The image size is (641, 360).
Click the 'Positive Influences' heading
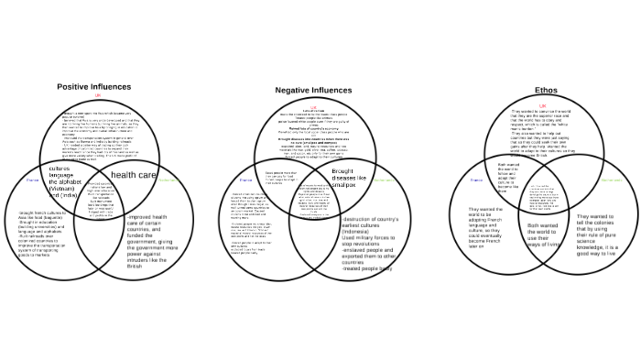tap(93, 87)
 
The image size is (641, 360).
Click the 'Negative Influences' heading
tap(312, 91)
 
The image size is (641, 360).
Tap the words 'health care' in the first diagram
tap(134, 174)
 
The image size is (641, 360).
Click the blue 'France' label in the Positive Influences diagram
tap(33, 180)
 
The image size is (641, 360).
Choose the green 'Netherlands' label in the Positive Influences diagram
tap(168, 180)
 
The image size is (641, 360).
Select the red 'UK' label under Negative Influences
tap(313, 106)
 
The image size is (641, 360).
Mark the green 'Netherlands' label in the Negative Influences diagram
tap(384, 180)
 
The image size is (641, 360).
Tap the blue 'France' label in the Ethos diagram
tap(477, 180)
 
